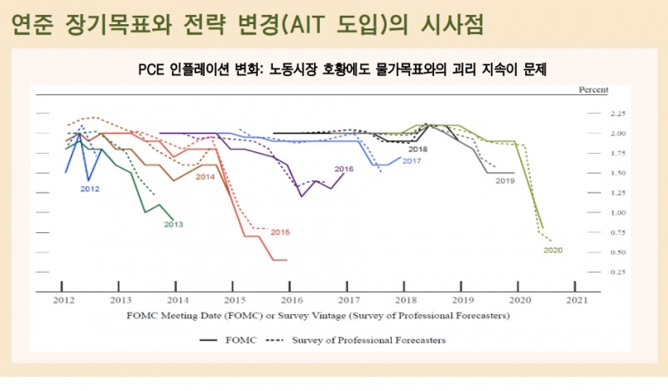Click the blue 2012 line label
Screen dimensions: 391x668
[x=90, y=190]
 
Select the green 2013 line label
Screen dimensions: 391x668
[x=174, y=224]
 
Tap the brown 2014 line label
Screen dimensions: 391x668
[x=205, y=177]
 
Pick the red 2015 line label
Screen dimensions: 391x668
[x=281, y=231]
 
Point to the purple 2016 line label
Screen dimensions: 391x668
[x=344, y=169]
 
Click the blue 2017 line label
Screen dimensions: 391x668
[x=411, y=160]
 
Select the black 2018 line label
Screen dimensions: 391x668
[x=417, y=149]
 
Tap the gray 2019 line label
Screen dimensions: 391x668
[x=504, y=180]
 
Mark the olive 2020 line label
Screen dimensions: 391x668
[x=553, y=250]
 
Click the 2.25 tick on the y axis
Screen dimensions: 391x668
[x=618, y=113]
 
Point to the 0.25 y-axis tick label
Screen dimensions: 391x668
[x=618, y=272]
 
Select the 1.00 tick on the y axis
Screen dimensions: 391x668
[x=618, y=212]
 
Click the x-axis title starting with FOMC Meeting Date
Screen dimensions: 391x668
[x=317, y=316]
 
